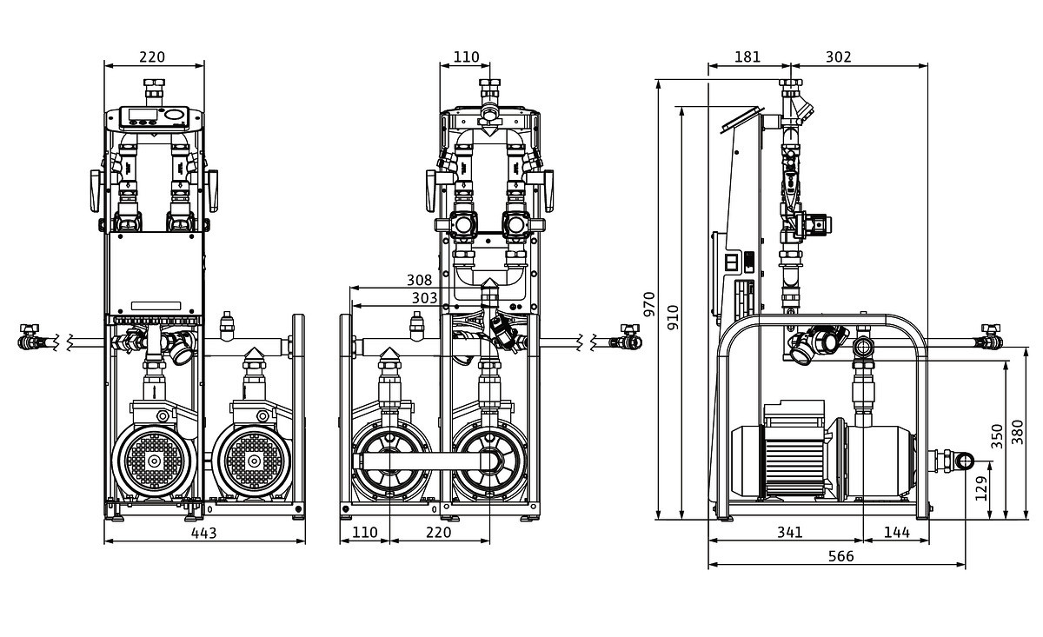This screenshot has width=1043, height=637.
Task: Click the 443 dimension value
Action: [x=203, y=532]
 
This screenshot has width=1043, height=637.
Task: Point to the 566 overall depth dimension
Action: [x=840, y=555]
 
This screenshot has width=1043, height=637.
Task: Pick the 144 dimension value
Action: [x=896, y=532]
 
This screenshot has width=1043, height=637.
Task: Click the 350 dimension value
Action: [x=997, y=435]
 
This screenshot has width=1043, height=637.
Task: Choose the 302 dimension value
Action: [x=838, y=57]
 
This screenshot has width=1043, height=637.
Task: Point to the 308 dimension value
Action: [x=419, y=280]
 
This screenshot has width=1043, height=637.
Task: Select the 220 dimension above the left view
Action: [x=152, y=57]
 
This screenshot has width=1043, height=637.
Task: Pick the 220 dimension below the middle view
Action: [x=439, y=532]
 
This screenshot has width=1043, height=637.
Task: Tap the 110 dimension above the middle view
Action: [x=466, y=57]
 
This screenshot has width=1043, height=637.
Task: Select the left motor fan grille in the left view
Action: [x=154, y=461]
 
